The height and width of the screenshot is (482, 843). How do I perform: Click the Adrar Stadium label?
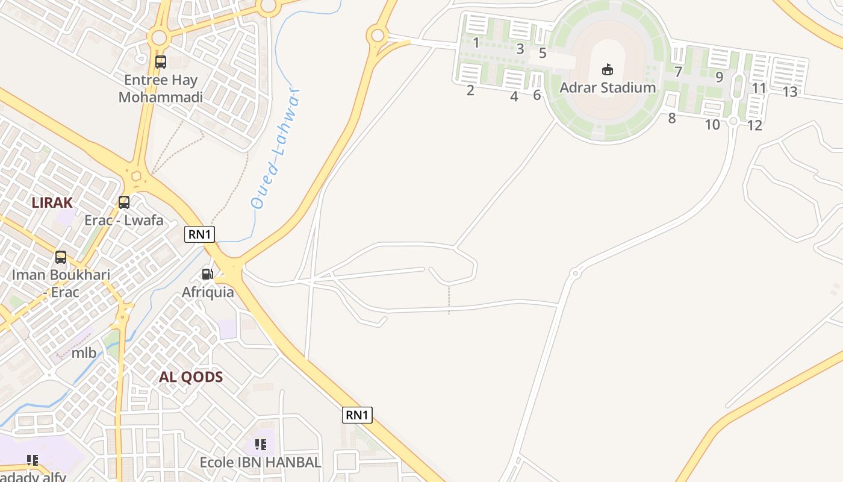click(608, 87)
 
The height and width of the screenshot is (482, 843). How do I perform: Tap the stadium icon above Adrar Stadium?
click(608, 70)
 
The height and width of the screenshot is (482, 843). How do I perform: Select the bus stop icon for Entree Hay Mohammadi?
click(161, 61)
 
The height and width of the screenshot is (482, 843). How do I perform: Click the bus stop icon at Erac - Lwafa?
click(124, 202)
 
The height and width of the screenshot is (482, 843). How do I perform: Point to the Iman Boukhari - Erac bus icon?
click(61, 257)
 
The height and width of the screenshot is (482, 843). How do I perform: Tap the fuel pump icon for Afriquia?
click(207, 274)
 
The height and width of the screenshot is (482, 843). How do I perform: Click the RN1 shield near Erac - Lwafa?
click(199, 234)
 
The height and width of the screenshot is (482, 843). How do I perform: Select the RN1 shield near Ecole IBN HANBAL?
click(357, 415)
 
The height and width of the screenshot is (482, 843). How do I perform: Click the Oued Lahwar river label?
click(276, 149)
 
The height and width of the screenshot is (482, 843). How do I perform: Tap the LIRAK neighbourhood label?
click(52, 202)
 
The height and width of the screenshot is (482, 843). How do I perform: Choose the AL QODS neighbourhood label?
click(191, 377)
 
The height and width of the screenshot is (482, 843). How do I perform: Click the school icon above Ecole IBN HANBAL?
click(260, 445)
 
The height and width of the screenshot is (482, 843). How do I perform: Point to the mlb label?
click(84, 352)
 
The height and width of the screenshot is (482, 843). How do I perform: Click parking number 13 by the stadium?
click(790, 92)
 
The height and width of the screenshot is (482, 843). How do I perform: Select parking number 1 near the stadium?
click(476, 43)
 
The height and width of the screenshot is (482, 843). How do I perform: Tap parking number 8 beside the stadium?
click(672, 118)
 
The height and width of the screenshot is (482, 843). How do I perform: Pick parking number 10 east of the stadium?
click(712, 125)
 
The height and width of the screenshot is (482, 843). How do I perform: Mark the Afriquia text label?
click(208, 292)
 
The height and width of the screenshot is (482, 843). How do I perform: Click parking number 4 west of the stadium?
click(514, 96)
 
